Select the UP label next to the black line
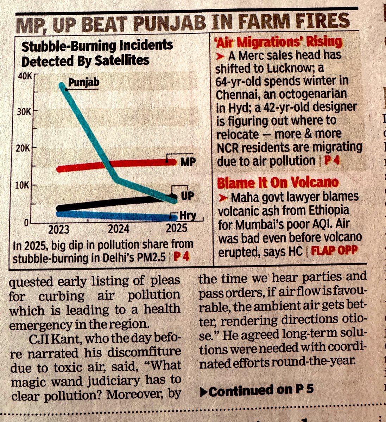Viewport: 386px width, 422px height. [x=187, y=196]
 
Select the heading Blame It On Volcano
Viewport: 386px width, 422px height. [x=278, y=183]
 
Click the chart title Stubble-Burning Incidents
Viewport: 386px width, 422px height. [x=97, y=46]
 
